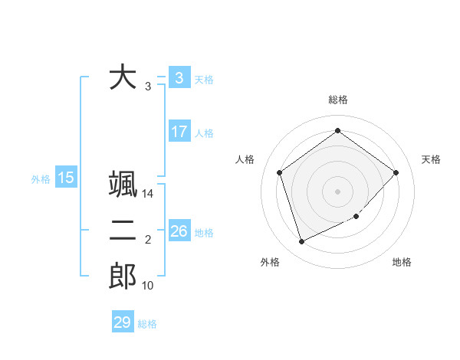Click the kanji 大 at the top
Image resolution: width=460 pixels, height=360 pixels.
123,77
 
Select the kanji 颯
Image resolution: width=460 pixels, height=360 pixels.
123,185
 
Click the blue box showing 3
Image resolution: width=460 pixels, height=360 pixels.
179,77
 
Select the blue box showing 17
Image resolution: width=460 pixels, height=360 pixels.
179,132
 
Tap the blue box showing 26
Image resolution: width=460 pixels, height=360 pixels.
179,231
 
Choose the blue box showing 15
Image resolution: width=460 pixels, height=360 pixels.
66,178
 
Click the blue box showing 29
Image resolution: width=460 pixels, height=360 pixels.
122,322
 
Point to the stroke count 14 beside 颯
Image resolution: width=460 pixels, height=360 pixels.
148,194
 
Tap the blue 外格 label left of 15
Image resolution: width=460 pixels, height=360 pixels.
41,179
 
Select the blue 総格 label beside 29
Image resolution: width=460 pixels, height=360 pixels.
147,324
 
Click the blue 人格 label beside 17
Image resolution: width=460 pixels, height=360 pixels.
204,133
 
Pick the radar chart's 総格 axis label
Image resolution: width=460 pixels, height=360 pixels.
337,100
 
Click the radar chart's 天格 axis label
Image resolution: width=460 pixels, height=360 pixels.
431,159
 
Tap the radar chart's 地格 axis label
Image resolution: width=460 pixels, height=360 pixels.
402,262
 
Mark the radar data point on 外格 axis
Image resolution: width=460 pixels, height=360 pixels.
301,242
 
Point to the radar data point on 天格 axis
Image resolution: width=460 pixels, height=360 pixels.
396,172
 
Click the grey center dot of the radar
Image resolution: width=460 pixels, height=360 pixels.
337,191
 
